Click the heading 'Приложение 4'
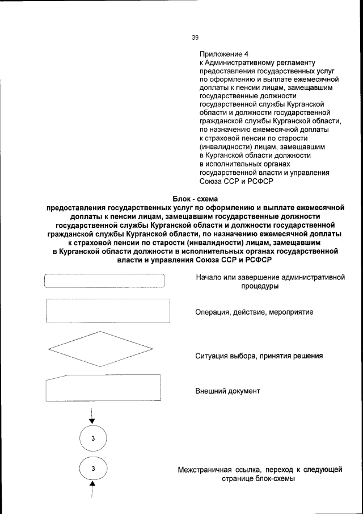pyautogui.click(x=223, y=54)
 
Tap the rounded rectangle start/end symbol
pyautogui.click(x=104, y=282)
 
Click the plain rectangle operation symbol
pyautogui.click(x=107, y=311)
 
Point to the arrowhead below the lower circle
pyautogui.click(x=92, y=486)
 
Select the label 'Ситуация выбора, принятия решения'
pyautogui.click(x=259, y=357)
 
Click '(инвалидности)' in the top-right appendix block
pyautogui.click(x=225, y=147)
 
